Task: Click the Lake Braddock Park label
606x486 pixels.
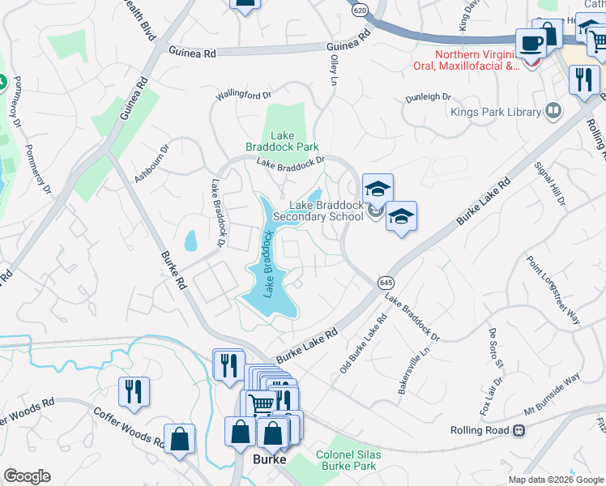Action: point(282,141)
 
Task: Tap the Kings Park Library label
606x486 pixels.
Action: point(495,112)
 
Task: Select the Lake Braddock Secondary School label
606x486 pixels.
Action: point(318,211)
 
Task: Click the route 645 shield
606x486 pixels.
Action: point(385,282)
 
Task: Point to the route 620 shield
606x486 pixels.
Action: point(361,9)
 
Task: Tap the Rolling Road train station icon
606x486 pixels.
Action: point(518,431)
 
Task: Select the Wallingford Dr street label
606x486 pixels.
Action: point(243,96)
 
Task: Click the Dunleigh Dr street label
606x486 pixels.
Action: point(429,96)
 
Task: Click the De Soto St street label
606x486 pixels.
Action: point(495,345)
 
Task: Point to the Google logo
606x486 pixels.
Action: point(27,476)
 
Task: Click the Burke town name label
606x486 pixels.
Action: point(269,459)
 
